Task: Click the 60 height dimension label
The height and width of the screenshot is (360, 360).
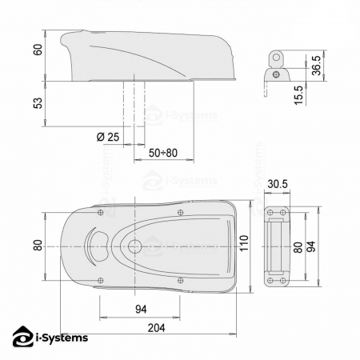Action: [38, 50]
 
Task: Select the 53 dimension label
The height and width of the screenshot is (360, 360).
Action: [38, 103]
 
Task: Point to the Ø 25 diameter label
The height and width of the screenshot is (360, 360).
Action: [108, 137]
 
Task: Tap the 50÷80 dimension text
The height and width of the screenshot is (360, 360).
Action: [163, 153]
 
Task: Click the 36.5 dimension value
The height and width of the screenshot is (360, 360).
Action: [317, 66]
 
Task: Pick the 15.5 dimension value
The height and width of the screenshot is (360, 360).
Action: [298, 95]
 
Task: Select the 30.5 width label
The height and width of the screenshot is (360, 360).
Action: [278, 184]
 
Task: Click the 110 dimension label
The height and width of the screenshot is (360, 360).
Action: [244, 243]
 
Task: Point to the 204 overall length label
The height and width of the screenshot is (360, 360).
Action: [157, 328]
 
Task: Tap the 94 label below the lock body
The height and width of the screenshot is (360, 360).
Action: [141, 310]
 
